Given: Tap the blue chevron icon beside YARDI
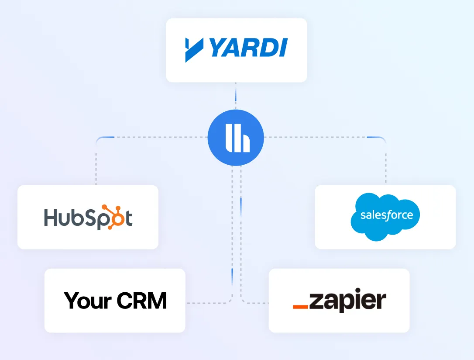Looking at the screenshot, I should coord(194,50).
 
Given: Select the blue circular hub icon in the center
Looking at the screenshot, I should coord(236,138).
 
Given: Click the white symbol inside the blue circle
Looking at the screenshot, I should coord(236,138).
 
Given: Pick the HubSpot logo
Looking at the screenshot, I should coord(88,217).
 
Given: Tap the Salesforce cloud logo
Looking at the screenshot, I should coord(385,217).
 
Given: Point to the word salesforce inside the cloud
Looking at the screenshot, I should coord(387,215).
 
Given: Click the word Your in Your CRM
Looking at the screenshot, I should coord(87,301).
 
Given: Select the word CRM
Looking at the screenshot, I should coord(142,301).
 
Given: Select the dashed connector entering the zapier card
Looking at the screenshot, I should coord(255,303).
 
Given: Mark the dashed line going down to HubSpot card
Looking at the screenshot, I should coord(96,162).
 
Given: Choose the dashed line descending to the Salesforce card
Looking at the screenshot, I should coord(386,162).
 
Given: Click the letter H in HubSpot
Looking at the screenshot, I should coord(51,218).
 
